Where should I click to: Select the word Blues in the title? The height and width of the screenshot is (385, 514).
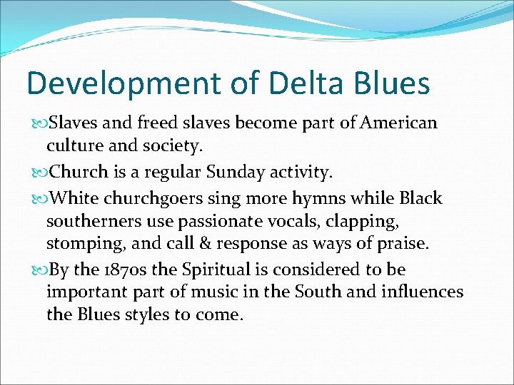click(x=393, y=83)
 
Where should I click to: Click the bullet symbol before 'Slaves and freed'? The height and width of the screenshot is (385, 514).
click(x=39, y=123)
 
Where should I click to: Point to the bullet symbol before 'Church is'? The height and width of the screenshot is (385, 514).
click(x=39, y=173)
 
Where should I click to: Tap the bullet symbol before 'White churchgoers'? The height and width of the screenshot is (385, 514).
click(x=39, y=197)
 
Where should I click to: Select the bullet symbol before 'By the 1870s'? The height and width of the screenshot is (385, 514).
click(x=39, y=270)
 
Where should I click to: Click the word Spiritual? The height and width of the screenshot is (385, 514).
click(x=208, y=270)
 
